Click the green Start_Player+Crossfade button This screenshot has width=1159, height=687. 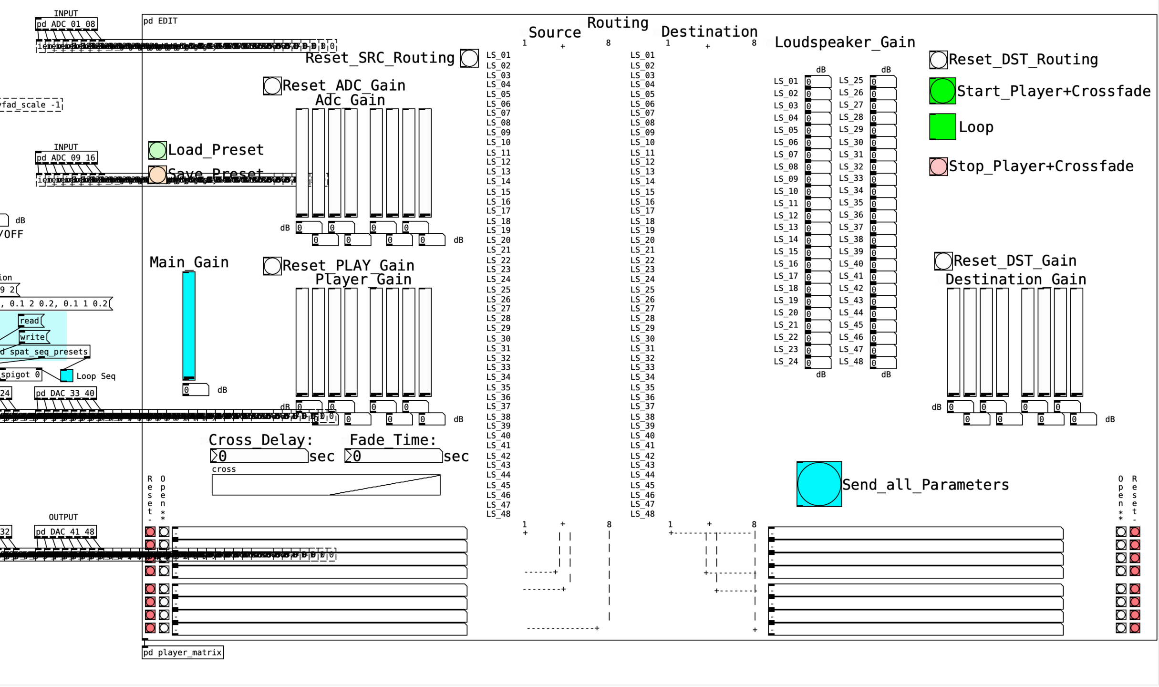[x=942, y=91]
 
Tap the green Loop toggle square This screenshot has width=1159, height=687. [x=942, y=126]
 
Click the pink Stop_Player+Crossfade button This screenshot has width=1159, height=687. [x=938, y=167]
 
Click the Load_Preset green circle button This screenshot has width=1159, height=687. [x=157, y=150]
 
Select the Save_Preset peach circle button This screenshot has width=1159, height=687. [x=157, y=175]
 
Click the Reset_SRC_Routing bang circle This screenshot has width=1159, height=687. [x=469, y=58]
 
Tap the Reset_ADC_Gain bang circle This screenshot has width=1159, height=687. [x=272, y=86]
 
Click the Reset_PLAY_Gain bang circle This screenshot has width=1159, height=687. [x=272, y=266]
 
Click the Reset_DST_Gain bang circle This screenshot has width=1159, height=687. [x=943, y=261]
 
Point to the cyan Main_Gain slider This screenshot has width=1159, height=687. [x=189, y=325]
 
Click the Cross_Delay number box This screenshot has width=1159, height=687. [x=259, y=456]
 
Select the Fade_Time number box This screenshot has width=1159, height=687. [x=393, y=456]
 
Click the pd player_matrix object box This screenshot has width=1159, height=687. [x=183, y=652]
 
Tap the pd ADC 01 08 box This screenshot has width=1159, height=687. [x=66, y=24]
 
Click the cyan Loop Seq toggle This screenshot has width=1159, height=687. [x=67, y=376]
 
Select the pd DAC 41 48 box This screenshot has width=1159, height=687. [x=66, y=531]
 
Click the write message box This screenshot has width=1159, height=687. [x=33, y=337]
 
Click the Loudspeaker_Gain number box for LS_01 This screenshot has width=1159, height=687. [x=818, y=82]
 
